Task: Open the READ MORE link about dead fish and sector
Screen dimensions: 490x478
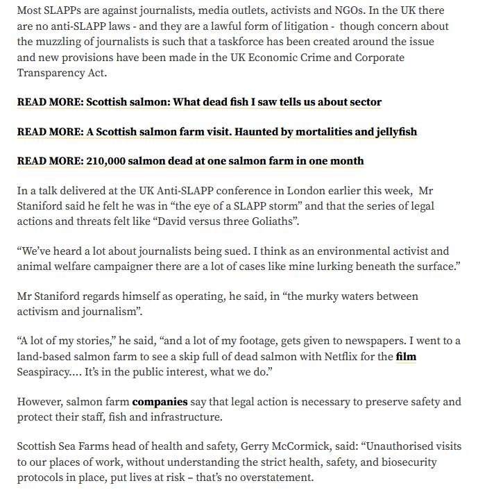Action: pyautogui.click(x=199, y=101)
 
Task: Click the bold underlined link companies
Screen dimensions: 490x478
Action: pyautogui.click(x=160, y=402)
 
